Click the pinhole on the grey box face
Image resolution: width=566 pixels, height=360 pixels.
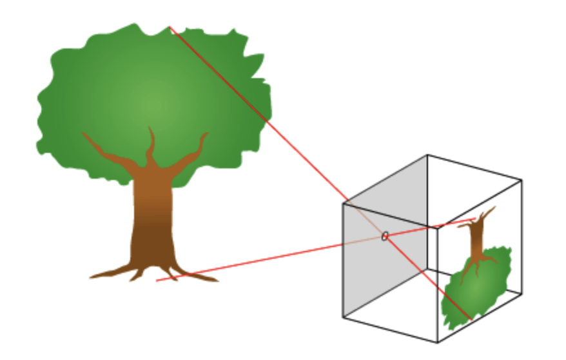click(385, 236)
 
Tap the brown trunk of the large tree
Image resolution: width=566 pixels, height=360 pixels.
click(153, 213)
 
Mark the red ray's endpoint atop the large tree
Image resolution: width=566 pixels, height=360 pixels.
click(169, 26)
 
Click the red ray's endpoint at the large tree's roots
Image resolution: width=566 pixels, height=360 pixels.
click(157, 281)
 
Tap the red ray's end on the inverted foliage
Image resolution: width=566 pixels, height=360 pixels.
click(471, 319)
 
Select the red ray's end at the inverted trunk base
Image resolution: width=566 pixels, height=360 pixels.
click(476, 219)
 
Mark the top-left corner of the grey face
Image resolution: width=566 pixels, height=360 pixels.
click(344, 204)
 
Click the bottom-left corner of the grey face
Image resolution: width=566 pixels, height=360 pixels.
click(344, 317)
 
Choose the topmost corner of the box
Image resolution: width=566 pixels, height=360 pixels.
click(427, 155)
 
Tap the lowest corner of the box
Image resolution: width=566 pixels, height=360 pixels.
click(438, 343)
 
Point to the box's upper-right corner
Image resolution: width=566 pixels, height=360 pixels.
click(522, 180)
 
